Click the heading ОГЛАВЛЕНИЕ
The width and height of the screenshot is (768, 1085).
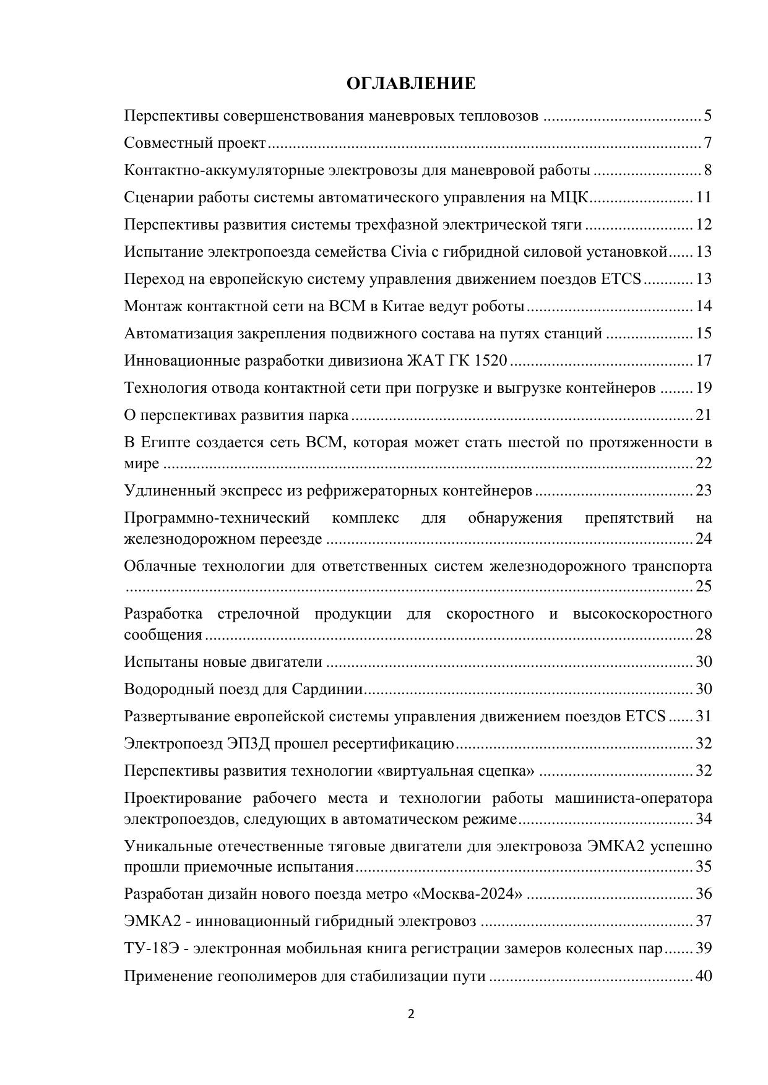(411, 84)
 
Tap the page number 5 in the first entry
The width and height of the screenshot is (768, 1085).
(707, 116)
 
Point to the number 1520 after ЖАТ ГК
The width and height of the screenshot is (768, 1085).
(490, 361)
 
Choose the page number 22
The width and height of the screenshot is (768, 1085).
(704, 463)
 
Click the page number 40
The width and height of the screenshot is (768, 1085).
(704, 976)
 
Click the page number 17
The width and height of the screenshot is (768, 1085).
(704, 361)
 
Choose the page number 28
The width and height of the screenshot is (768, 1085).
(704, 635)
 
